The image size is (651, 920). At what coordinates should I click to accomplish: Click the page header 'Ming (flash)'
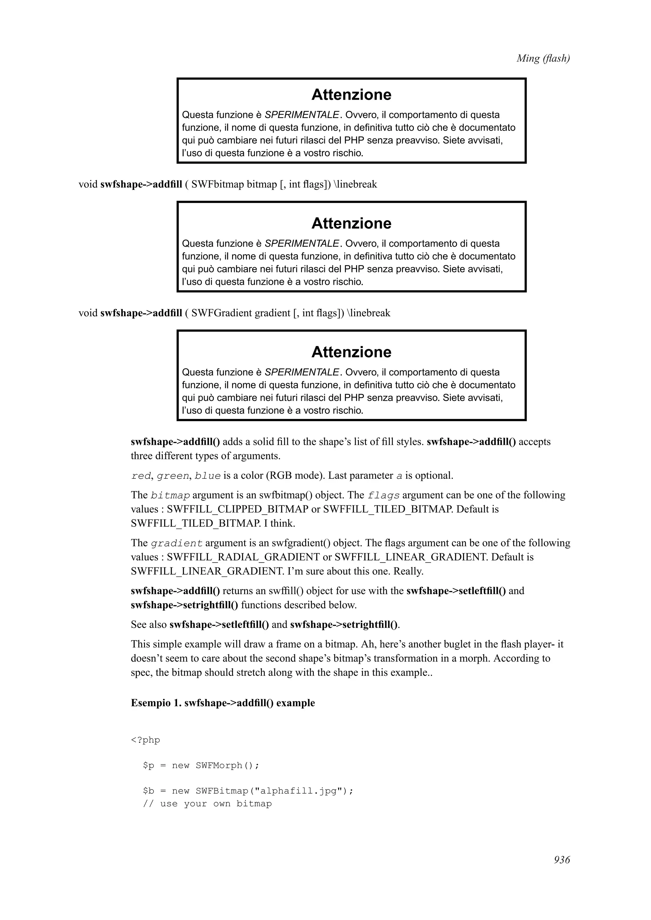[543, 58]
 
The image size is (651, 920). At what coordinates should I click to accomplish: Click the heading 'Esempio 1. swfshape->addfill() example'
[223, 703]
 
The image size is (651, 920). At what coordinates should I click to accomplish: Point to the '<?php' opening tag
[145, 740]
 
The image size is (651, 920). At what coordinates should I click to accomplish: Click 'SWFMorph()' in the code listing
[227, 766]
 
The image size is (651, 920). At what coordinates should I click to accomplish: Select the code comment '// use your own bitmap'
[207, 804]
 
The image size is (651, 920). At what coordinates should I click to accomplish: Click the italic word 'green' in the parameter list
[173, 476]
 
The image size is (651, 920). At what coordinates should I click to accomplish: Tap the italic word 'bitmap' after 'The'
[170, 496]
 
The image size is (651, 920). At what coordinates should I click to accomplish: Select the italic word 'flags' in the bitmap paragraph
[383, 496]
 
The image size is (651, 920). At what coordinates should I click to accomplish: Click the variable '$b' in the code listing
[148, 791]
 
